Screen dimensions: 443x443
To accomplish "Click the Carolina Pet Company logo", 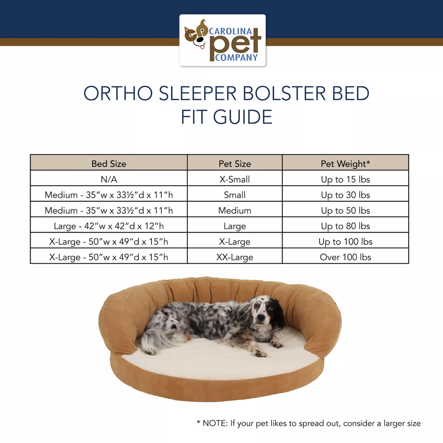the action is [222, 41].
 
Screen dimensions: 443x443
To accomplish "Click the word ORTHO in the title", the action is [118, 93].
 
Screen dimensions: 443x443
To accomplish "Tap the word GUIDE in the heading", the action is [242, 117].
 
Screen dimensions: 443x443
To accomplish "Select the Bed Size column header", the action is [109, 164].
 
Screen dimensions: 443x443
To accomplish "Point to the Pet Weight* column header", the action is [345, 164].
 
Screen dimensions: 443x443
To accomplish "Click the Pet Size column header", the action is [235, 164].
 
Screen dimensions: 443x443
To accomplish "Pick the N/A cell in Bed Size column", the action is [109, 179].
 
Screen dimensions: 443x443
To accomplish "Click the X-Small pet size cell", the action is [235, 179].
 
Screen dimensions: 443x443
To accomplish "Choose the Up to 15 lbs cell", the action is [345, 179].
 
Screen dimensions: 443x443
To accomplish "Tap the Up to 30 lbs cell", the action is [345, 195].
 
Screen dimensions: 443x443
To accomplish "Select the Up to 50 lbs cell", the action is [345, 210].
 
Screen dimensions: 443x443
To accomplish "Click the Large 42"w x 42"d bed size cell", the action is [109, 226].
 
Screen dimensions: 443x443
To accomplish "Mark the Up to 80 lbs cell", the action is [345, 226].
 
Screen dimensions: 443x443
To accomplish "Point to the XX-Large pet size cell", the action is [235, 257].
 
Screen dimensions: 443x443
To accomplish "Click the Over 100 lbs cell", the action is [345, 257].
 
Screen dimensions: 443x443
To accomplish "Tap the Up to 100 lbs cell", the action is [345, 242].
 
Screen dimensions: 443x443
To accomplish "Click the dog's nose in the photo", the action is [261, 317].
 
